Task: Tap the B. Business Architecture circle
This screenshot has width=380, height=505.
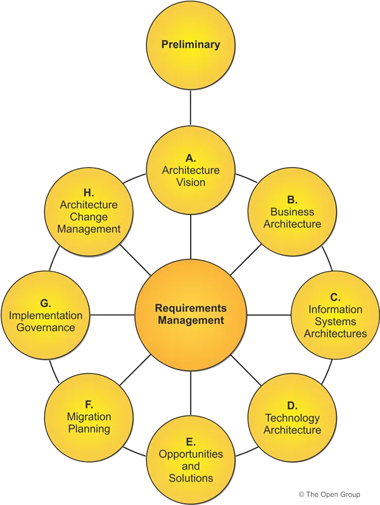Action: coord(292,211)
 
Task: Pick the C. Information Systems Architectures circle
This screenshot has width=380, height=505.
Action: coord(334,315)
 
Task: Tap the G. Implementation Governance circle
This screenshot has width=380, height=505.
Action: coord(46,315)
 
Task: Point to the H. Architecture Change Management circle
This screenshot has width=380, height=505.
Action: coord(89,211)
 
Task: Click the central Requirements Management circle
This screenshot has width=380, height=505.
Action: coord(191,315)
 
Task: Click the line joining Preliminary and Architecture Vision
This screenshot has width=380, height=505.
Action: coord(191,108)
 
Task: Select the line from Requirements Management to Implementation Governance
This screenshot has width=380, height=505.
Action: coord(113,315)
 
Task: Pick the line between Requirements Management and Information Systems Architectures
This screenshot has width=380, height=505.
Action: coord(268,315)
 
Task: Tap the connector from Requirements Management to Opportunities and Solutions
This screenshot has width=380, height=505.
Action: coord(191,394)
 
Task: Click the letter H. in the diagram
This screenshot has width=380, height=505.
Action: coord(89,192)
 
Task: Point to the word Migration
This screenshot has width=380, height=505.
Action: coord(89,416)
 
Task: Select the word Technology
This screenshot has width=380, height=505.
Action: coord(292,418)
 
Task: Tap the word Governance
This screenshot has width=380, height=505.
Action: coord(46,327)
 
